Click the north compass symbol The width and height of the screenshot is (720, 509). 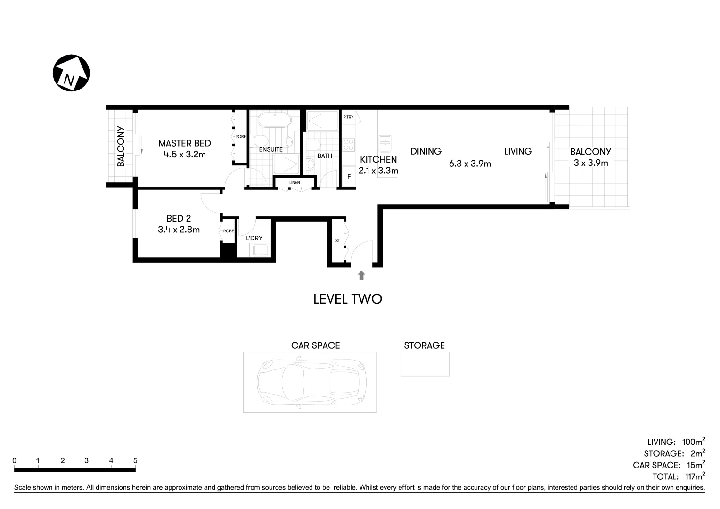click(x=71, y=73)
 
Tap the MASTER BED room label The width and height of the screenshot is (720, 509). click(x=184, y=143)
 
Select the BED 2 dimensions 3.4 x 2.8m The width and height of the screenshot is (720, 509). click(x=179, y=230)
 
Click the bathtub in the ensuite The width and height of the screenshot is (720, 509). click(x=274, y=120)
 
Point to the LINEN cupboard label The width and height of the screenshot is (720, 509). click(x=295, y=182)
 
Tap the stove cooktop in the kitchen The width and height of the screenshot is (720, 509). click(x=348, y=144)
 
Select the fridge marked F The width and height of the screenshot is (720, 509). click(x=349, y=177)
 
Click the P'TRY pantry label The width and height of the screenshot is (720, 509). click(x=348, y=117)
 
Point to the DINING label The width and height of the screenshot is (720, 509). click(x=425, y=151)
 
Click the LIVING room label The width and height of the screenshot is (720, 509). click(x=517, y=151)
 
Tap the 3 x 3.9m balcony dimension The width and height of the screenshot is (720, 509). click(x=590, y=163)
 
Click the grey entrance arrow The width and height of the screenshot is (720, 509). click(x=361, y=276)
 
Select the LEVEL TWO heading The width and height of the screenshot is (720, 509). click(x=347, y=299)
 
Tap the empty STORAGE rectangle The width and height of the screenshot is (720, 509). click(x=425, y=364)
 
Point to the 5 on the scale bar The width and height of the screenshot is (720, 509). click(x=135, y=460)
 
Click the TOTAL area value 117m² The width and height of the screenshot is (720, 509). click(x=695, y=476)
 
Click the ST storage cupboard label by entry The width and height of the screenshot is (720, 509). click(x=337, y=241)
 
